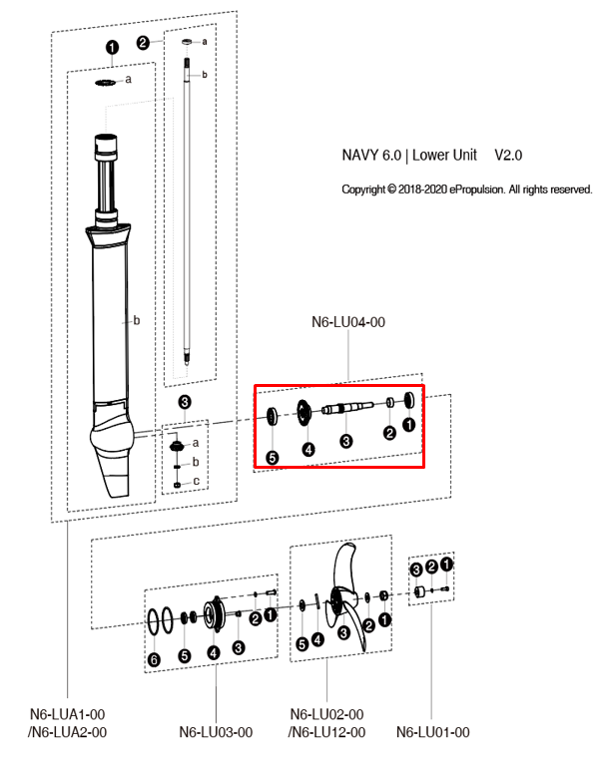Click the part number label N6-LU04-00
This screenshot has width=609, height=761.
(348, 322)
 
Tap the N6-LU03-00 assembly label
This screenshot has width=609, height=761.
(217, 732)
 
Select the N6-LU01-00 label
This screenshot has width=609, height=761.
(432, 732)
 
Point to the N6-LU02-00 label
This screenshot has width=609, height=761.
(326, 715)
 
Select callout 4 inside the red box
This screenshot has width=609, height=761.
(308, 450)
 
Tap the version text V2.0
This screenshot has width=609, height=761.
(508, 157)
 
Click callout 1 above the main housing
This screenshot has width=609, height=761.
(112, 48)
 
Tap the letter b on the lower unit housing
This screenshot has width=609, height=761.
(136, 321)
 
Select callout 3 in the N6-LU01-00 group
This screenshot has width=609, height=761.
(416, 568)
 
